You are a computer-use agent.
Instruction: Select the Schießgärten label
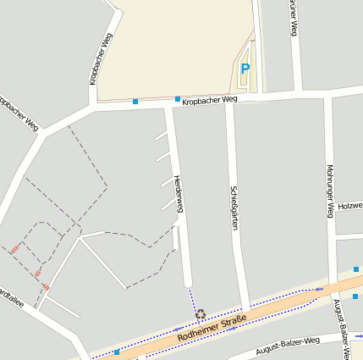click(x=233, y=203)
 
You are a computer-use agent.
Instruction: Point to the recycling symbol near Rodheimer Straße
click(x=201, y=314)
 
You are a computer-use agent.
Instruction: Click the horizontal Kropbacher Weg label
click(x=210, y=99)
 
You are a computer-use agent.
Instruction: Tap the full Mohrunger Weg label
click(x=329, y=191)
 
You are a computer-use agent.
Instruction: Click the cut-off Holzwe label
click(x=349, y=205)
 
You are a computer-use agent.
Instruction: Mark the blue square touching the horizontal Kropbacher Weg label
click(x=178, y=99)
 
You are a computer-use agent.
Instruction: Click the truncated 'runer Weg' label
click(x=293, y=17)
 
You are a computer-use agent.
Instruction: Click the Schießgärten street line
click(x=238, y=254)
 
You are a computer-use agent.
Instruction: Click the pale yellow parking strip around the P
click(x=247, y=83)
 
